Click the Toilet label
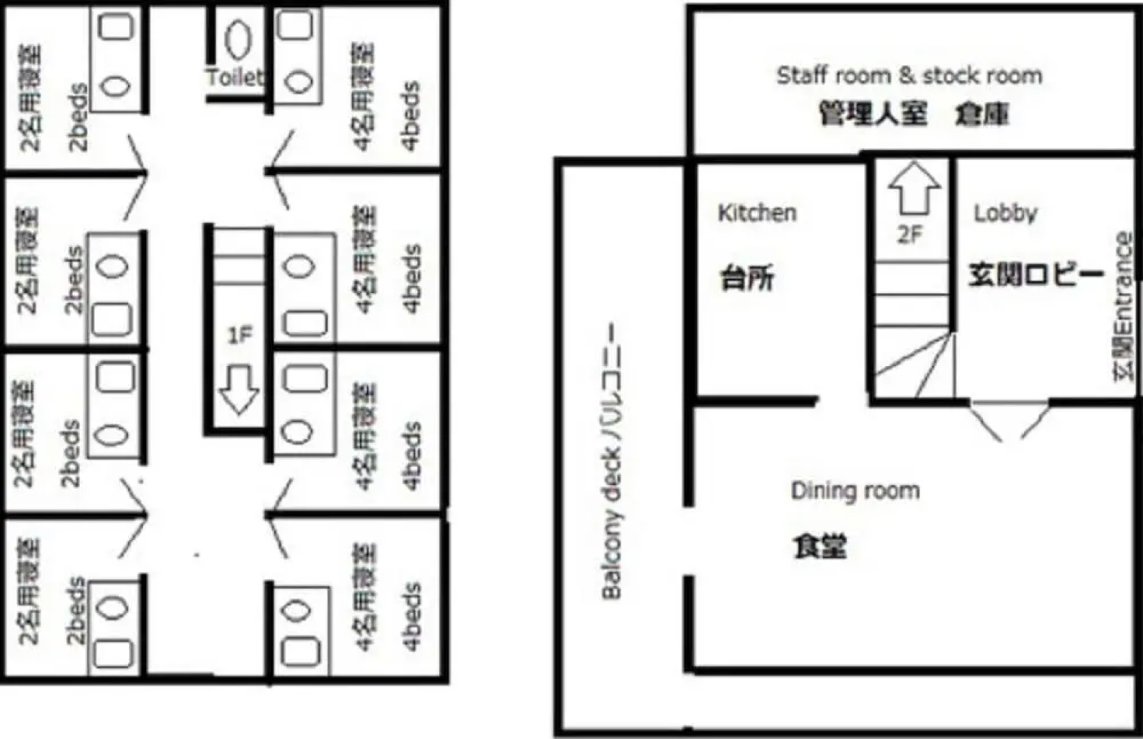pyautogui.click(x=235, y=76)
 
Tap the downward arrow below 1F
pyautogui.click(x=238, y=389)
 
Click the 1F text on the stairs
pyautogui.click(x=239, y=335)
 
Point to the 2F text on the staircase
pyautogui.click(x=910, y=235)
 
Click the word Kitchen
pyautogui.click(x=757, y=213)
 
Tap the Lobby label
pyautogui.click(x=1005, y=213)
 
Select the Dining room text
pyautogui.click(x=855, y=491)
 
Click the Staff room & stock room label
pyautogui.click(x=909, y=75)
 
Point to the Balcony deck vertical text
pyautogui.click(x=612, y=461)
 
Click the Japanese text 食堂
pyautogui.click(x=820, y=546)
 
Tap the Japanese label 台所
pyautogui.click(x=747, y=278)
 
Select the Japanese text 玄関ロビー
pyautogui.click(x=1036, y=274)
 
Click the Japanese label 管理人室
pyautogui.click(x=873, y=114)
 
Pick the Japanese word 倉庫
pyautogui.click(x=982, y=114)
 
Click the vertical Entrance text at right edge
pyautogui.click(x=1124, y=306)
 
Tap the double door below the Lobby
pyautogui.click(x=1009, y=419)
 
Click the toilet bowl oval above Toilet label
pyautogui.click(x=238, y=39)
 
